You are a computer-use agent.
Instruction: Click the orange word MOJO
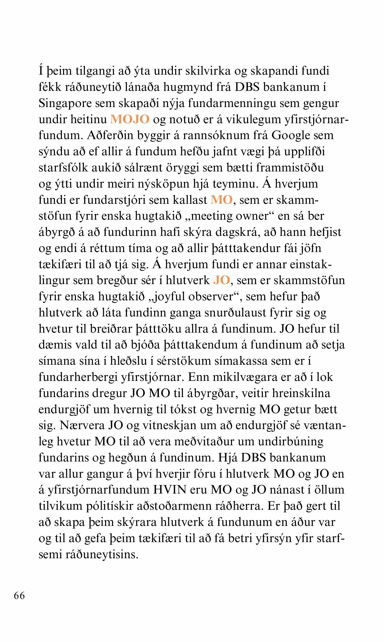130,119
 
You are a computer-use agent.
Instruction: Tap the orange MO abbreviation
221,200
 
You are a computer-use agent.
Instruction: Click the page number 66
19,595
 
